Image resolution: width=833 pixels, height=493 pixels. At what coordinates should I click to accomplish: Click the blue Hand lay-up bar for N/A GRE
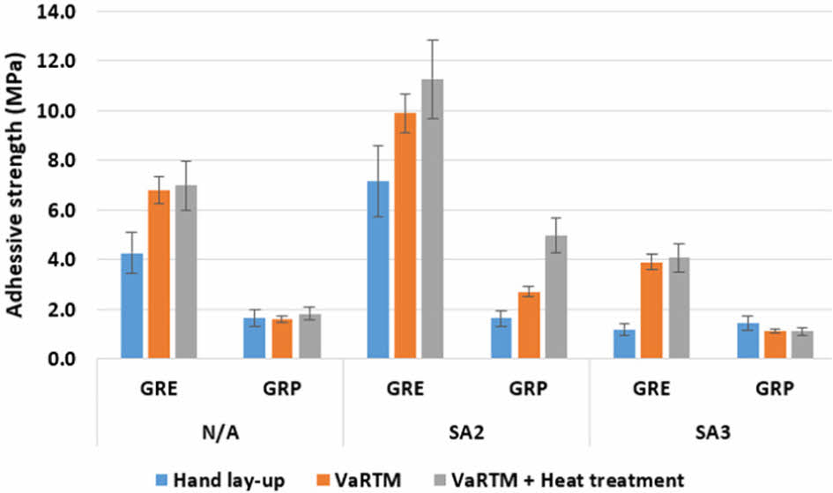click(131, 306)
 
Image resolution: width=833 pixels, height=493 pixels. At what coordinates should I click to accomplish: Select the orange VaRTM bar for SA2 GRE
click(405, 236)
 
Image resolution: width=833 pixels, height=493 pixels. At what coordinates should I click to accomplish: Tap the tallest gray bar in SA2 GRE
click(432, 220)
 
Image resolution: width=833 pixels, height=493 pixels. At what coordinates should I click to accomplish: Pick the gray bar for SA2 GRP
click(555, 297)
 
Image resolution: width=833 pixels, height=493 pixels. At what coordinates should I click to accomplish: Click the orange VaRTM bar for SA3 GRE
click(651, 310)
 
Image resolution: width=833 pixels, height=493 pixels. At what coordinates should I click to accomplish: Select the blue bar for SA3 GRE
click(624, 344)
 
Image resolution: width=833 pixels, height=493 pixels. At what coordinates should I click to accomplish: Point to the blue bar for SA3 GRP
click(747, 340)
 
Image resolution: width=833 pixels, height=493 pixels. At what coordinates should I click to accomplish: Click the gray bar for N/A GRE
click(186, 272)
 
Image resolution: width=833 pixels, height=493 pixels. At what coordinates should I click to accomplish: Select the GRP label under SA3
click(774, 388)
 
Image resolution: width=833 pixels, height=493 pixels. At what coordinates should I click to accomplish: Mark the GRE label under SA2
click(405, 388)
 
